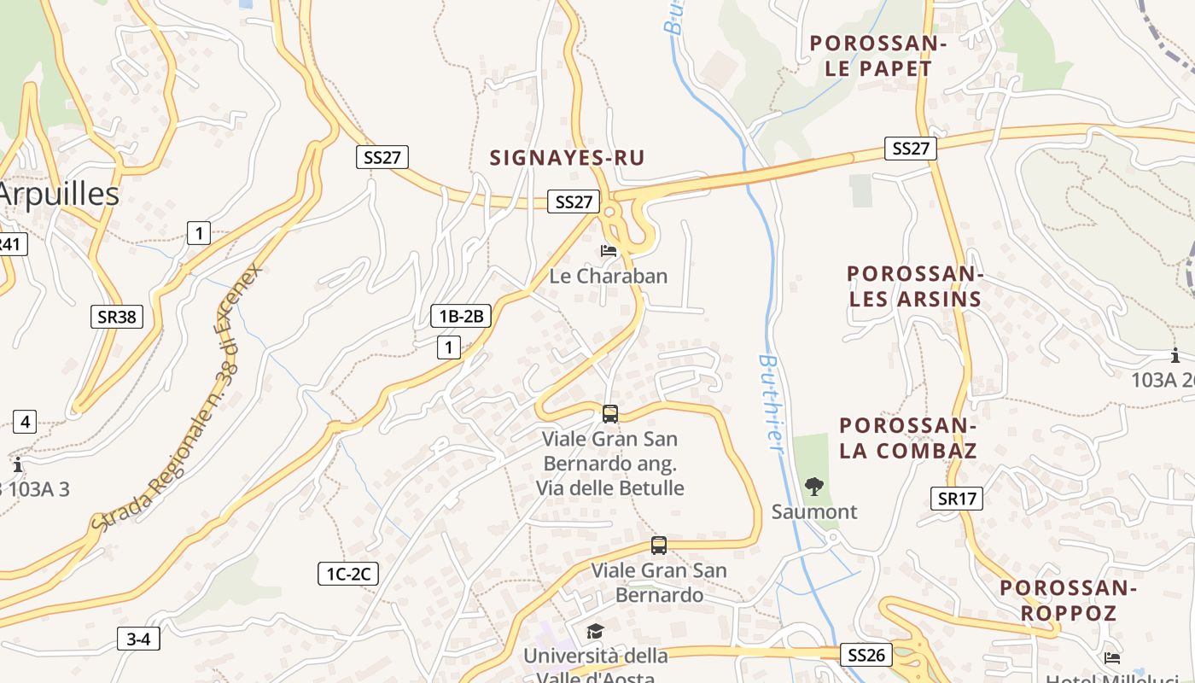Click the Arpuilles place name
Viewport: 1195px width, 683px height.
click(x=58, y=195)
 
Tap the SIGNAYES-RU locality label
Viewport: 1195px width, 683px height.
click(x=567, y=158)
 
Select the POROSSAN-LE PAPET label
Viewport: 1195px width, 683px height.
click(x=878, y=56)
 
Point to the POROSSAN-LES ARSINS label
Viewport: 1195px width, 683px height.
click(x=914, y=287)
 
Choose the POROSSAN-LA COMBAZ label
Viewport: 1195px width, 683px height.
click(x=907, y=438)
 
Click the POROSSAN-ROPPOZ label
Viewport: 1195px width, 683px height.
click(x=1068, y=600)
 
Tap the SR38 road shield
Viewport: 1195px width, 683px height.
click(x=117, y=317)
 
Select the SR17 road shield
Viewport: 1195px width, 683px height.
click(x=956, y=499)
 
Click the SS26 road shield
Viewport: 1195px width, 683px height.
click(x=866, y=655)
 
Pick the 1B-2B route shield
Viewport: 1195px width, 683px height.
click(x=461, y=316)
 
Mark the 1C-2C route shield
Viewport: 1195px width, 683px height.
click(x=347, y=574)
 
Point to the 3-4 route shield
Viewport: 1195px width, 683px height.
click(x=138, y=639)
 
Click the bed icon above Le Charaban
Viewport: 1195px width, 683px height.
click(x=609, y=251)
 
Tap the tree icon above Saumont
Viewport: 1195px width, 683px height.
click(x=814, y=487)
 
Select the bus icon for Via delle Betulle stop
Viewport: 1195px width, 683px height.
click(x=610, y=414)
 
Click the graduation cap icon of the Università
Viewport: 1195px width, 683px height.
click(x=595, y=631)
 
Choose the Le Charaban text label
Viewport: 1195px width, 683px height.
click(x=609, y=277)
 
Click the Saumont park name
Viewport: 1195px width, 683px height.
click(x=814, y=512)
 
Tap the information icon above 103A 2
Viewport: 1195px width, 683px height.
click(x=1175, y=355)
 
